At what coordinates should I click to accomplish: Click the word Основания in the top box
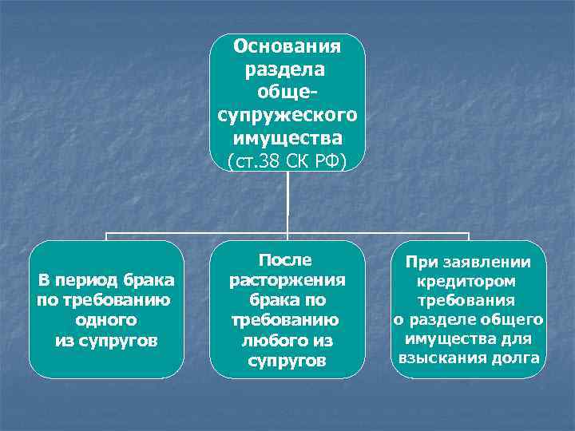tap(287, 45)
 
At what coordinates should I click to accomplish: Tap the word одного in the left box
tap(105, 319)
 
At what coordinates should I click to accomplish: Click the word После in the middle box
tap(285, 260)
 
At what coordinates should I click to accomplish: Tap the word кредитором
tap(466, 282)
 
